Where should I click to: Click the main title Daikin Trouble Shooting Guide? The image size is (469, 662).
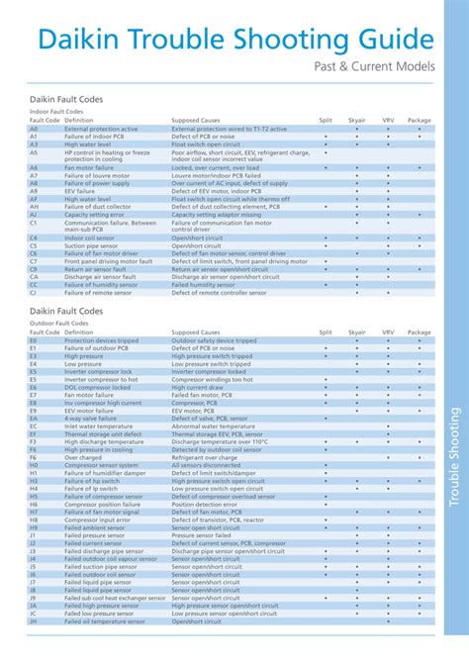(235, 41)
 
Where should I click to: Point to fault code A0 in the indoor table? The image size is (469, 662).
(33, 129)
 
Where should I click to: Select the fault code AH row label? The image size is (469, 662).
(33, 206)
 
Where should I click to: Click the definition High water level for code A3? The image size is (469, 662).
(88, 144)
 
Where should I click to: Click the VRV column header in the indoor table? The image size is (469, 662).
(388, 121)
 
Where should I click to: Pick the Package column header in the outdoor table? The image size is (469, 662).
(419, 332)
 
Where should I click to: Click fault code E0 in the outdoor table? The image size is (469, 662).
(33, 340)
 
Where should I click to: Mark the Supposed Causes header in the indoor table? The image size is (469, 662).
(196, 121)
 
